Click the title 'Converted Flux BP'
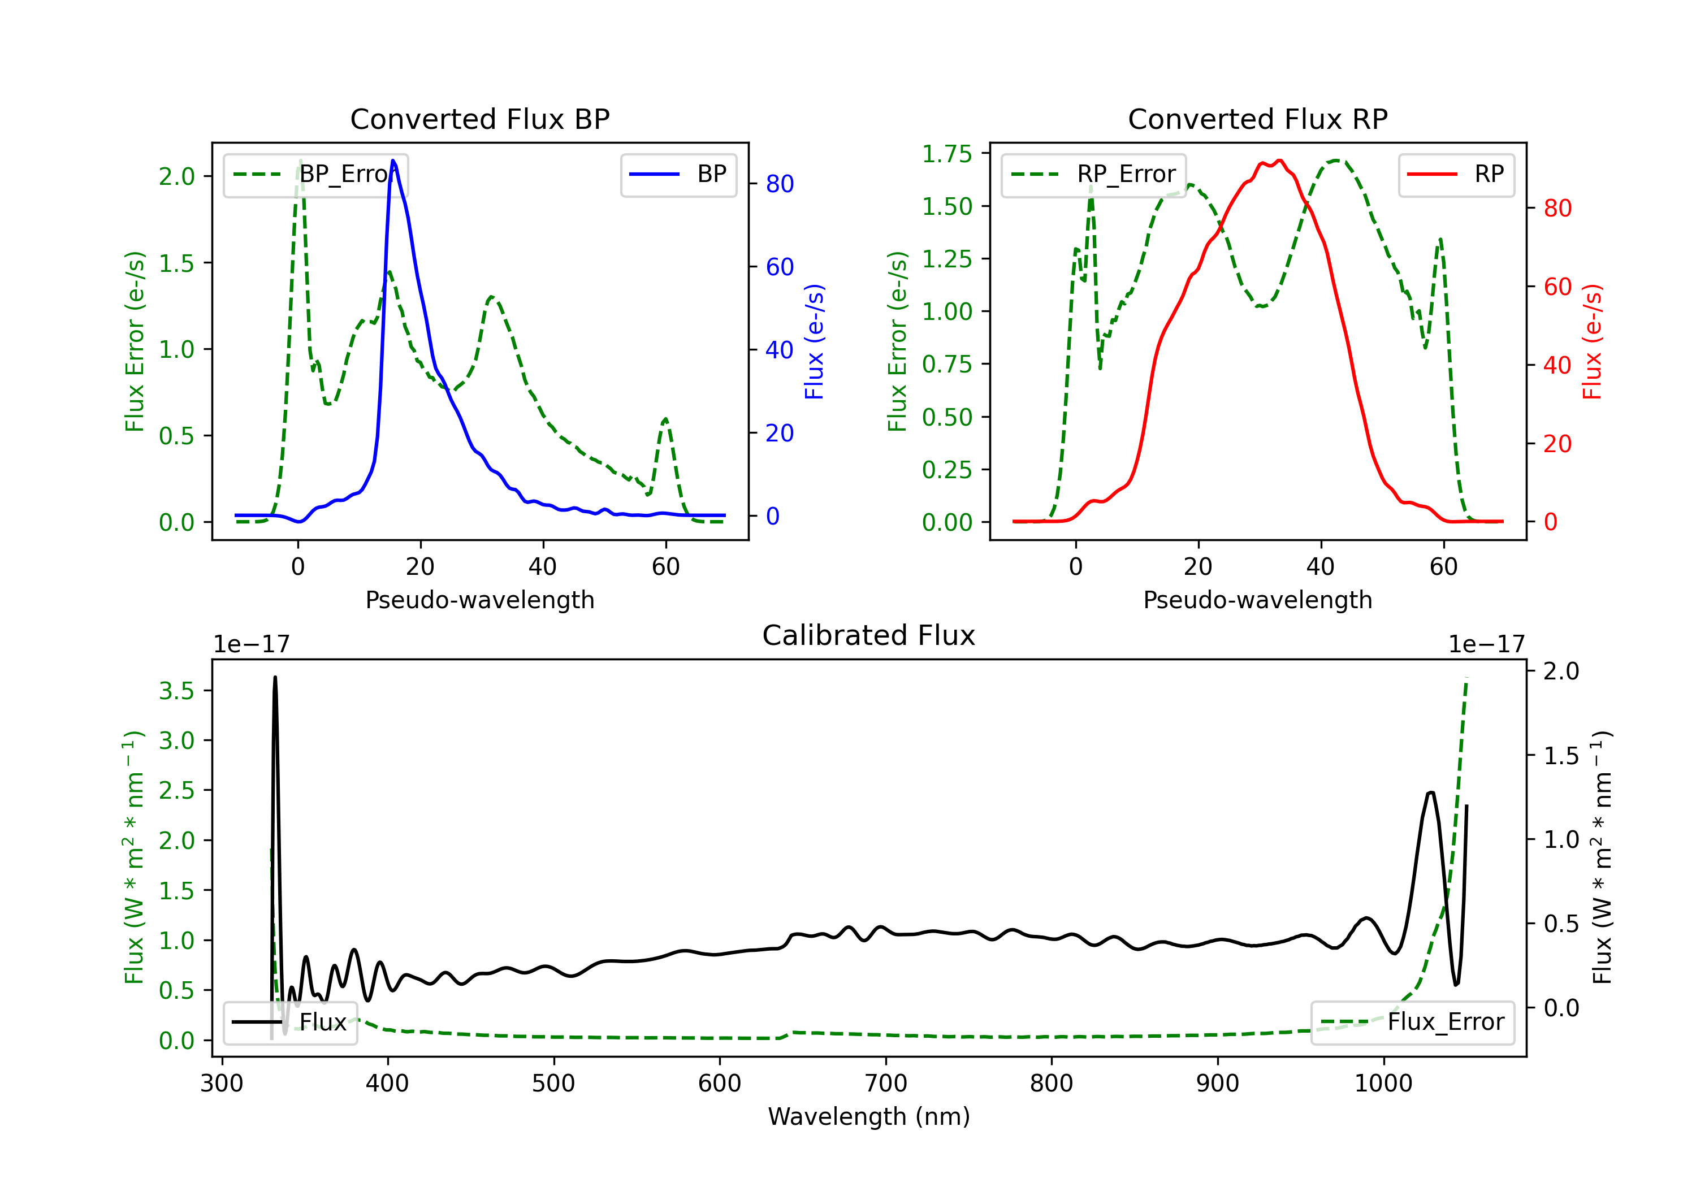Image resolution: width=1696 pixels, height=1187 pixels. pos(479,119)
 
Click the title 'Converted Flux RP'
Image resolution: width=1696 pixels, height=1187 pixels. pos(1257,119)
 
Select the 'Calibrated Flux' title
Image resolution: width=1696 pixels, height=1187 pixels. pos(869,635)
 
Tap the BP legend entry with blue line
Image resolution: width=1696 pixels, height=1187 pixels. pos(678,174)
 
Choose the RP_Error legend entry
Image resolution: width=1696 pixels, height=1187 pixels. pos(1093,174)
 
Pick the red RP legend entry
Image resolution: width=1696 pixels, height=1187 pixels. pos(1456,174)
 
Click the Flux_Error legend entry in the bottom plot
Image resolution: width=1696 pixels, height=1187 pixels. pos(1412,1023)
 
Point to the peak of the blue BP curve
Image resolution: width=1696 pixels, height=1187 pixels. pos(393,161)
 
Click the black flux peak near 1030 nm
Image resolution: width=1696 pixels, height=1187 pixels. pos(1431,792)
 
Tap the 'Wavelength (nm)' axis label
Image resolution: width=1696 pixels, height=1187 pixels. pos(869,1116)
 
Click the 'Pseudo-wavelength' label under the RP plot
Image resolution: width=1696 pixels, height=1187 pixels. pos(1257,600)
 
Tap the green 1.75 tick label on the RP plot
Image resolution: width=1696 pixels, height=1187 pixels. pos(947,154)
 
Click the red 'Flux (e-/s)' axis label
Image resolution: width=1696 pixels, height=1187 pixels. pos(1592,341)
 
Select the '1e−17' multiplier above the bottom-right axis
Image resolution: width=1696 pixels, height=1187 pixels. pos(1486,644)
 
